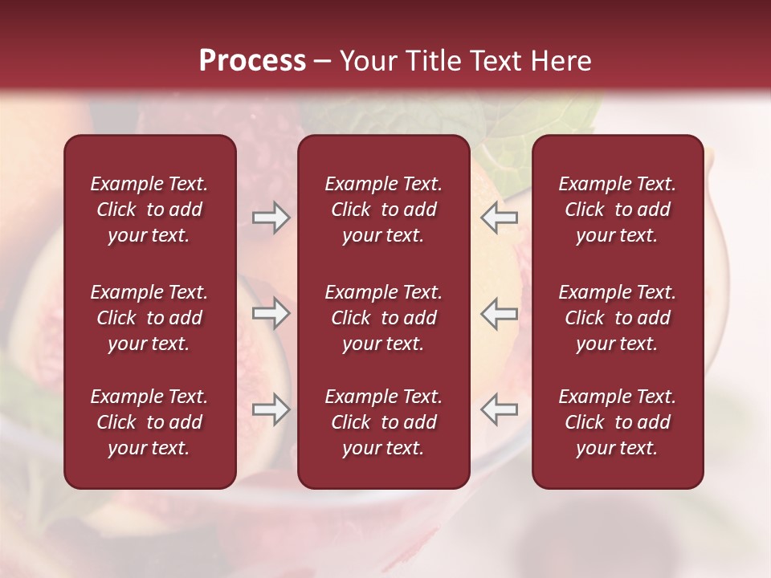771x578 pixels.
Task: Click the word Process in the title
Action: point(252,60)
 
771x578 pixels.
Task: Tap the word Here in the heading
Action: point(559,60)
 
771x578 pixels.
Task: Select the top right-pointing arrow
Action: point(271,218)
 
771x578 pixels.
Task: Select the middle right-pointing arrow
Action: point(271,313)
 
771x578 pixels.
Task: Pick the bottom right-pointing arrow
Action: point(271,409)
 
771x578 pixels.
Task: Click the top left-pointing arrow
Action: point(499,218)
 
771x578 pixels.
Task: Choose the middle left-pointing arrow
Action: point(499,313)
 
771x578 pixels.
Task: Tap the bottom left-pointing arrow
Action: point(499,409)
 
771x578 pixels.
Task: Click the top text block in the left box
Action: point(149,210)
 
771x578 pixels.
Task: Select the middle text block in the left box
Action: point(149,318)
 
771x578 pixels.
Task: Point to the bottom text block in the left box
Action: point(149,422)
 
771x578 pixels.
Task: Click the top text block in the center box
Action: point(384,210)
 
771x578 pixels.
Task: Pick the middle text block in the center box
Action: point(384,318)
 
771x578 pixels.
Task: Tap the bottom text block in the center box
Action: point(384,422)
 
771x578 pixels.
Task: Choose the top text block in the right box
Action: point(618,210)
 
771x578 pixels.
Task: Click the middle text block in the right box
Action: point(618,318)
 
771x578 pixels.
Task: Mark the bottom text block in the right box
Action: point(618,422)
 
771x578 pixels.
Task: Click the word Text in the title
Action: point(494,60)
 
